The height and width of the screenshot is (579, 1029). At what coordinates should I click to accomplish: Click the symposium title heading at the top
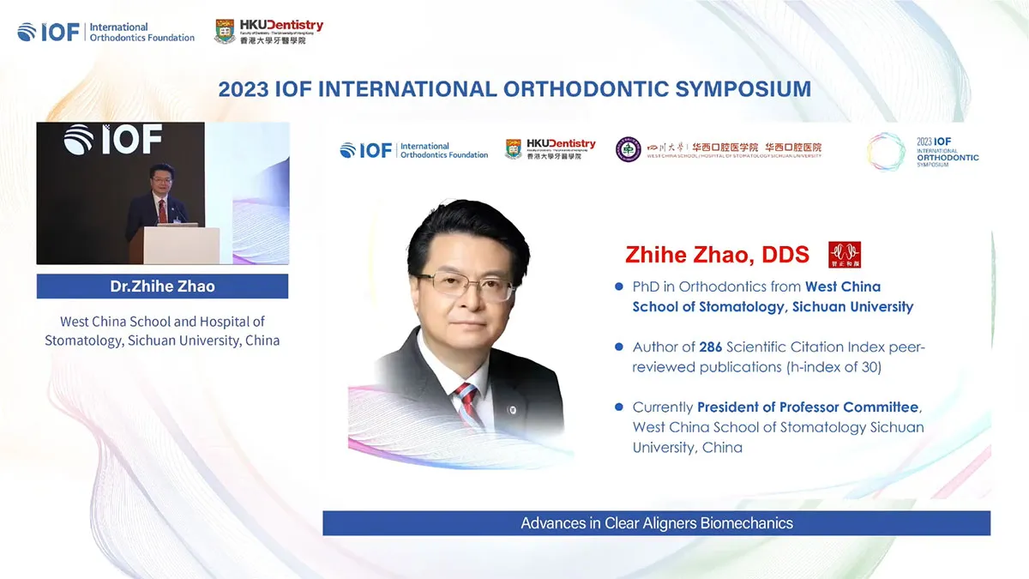[x=514, y=89]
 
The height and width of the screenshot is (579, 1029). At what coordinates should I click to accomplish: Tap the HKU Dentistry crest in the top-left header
[x=225, y=32]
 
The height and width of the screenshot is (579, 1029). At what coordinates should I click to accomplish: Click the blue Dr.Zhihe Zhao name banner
[x=162, y=286]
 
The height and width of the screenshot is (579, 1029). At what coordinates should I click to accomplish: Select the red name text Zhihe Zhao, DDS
[x=717, y=255]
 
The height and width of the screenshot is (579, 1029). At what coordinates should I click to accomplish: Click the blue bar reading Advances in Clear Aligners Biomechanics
[x=656, y=523]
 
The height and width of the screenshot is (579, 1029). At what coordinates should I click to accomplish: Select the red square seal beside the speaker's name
[x=845, y=255]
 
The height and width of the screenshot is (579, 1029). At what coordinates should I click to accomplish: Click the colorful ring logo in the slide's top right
[x=886, y=151]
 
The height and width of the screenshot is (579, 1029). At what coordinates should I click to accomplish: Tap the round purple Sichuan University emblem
[x=628, y=150]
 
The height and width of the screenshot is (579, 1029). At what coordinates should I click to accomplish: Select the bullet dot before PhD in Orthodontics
[x=619, y=286]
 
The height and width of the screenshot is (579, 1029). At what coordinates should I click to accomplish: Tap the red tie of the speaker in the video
[x=162, y=209]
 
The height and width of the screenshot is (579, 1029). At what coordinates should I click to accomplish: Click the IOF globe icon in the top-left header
[x=27, y=32]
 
